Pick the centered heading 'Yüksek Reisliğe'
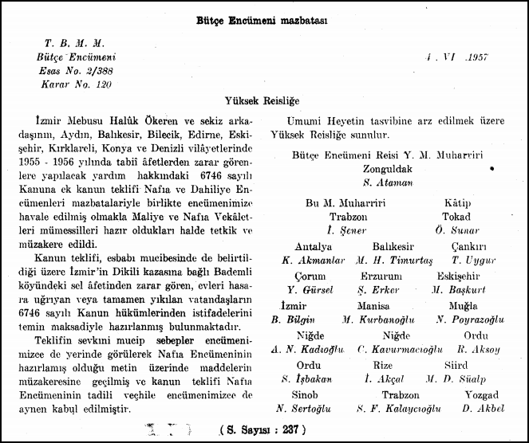pyautogui.click(x=264, y=102)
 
